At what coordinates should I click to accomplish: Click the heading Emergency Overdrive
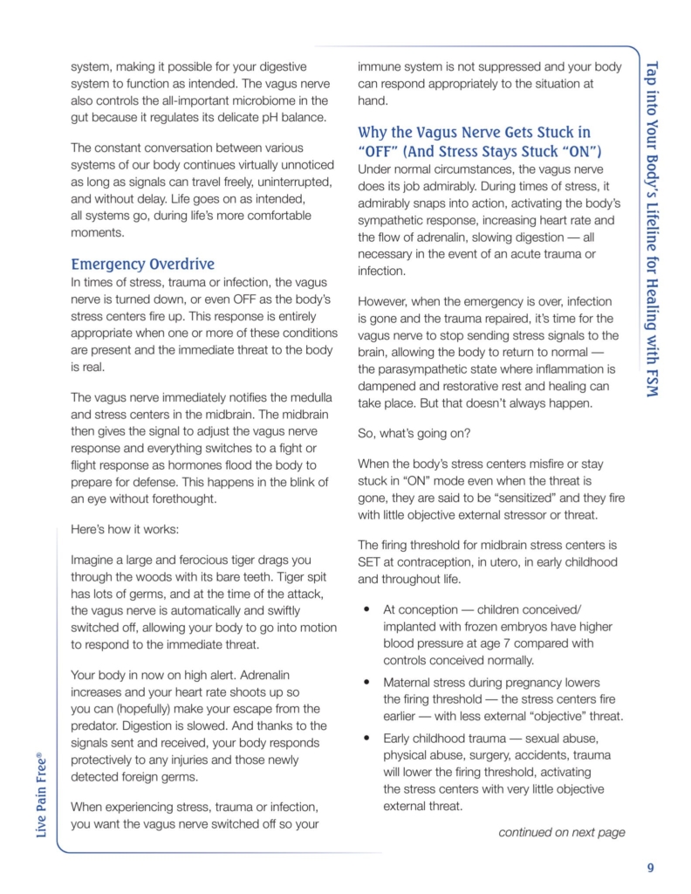click(142, 263)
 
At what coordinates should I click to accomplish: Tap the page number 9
click(651, 867)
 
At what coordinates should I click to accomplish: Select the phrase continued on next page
click(561, 832)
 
